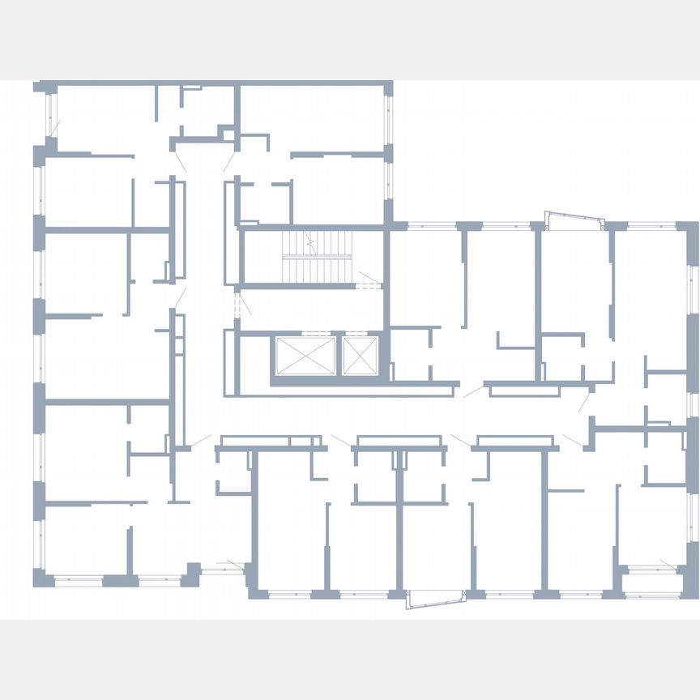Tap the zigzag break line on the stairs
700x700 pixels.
(x=314, y=241)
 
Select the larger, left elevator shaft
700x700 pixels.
(x=305, y=356)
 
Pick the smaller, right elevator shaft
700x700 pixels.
(x=359, y=356)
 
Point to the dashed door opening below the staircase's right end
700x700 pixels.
(x=369, y=286)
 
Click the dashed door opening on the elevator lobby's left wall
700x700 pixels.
(x=237, y=305)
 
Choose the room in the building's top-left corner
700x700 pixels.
(x=105, y=117)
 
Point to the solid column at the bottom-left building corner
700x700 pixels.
(x=41, y=578)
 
